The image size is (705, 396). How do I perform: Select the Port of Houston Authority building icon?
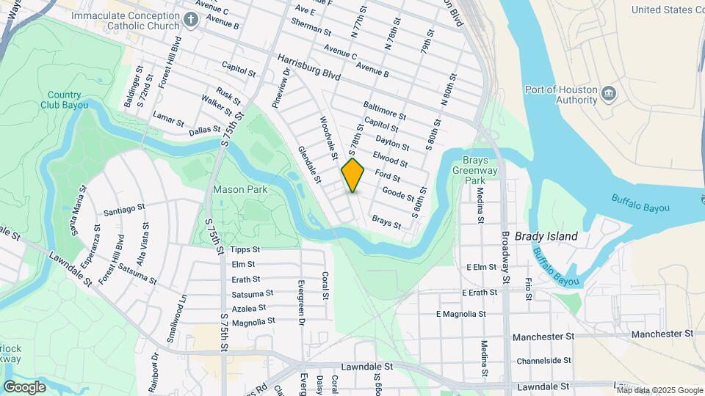point(608,94)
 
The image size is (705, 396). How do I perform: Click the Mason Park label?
point(239,189)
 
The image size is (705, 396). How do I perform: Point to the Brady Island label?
point(546,236)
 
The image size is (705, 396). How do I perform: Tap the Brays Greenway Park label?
point(475,170)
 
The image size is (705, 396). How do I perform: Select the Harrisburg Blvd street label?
point(310,67)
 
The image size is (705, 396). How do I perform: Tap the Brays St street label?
point(386,221)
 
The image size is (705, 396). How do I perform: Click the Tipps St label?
point(245,250)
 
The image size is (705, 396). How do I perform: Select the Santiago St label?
point(120,210)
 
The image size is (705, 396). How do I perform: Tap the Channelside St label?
point(543,361)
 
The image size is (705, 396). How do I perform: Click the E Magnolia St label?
point(461,314)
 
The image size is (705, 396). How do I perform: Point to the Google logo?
point(24,386)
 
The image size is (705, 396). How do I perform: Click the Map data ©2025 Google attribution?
point(659,390)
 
